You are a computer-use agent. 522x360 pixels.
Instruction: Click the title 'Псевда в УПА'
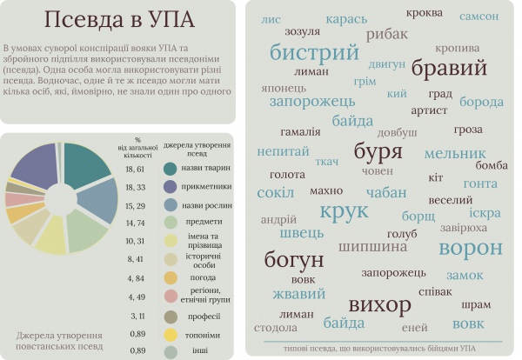click(x=119, y=20)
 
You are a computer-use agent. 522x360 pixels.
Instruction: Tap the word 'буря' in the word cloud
click(x=354, y=152)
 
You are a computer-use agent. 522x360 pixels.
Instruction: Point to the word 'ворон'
click(x=470, y=248)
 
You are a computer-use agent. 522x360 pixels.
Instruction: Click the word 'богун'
click(x=294, y=259)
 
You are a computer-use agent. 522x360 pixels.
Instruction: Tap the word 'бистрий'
click(x=314, y=52)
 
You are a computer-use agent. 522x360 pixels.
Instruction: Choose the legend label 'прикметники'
click(x=205, y=186)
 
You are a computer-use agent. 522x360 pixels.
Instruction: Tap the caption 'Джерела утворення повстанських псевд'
click(x=59, y=340)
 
